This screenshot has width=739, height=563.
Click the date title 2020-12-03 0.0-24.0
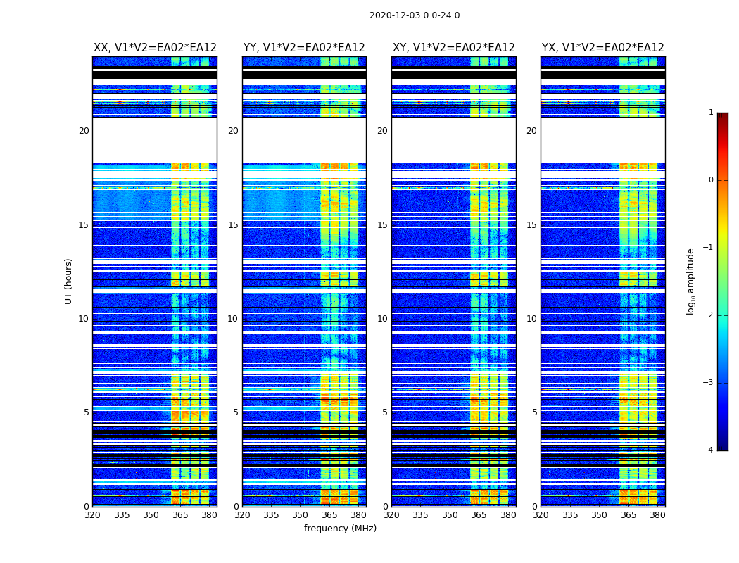pos(415,15)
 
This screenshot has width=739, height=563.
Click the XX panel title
pos(155,48)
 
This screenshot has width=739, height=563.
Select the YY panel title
pos(304,48)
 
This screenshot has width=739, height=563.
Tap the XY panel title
pos(454,48)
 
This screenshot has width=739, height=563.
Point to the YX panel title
pos(603,48)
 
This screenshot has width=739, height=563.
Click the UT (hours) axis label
pos(69,281)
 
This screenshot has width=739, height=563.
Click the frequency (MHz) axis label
pos(340,529)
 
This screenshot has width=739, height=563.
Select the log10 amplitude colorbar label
pos(691,281)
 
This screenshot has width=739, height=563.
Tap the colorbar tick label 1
pos(710,113)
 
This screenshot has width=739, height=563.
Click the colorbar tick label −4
pos(708,450)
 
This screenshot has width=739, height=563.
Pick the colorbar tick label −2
pos(708,315)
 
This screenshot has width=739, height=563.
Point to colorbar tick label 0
pos(710,180)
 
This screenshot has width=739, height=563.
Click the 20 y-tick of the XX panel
pos(84,131)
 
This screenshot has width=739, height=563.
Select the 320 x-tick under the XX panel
pos(92,515)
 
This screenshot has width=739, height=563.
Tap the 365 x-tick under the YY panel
pos(329,515)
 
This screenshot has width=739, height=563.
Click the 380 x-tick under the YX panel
pos(657,515)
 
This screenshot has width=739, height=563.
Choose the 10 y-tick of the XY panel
pos(382,319)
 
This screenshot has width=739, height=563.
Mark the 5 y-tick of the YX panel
pos(534,412)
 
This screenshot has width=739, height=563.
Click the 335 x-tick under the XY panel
pos(420,515)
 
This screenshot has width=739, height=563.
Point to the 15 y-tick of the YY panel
pos(233,225)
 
